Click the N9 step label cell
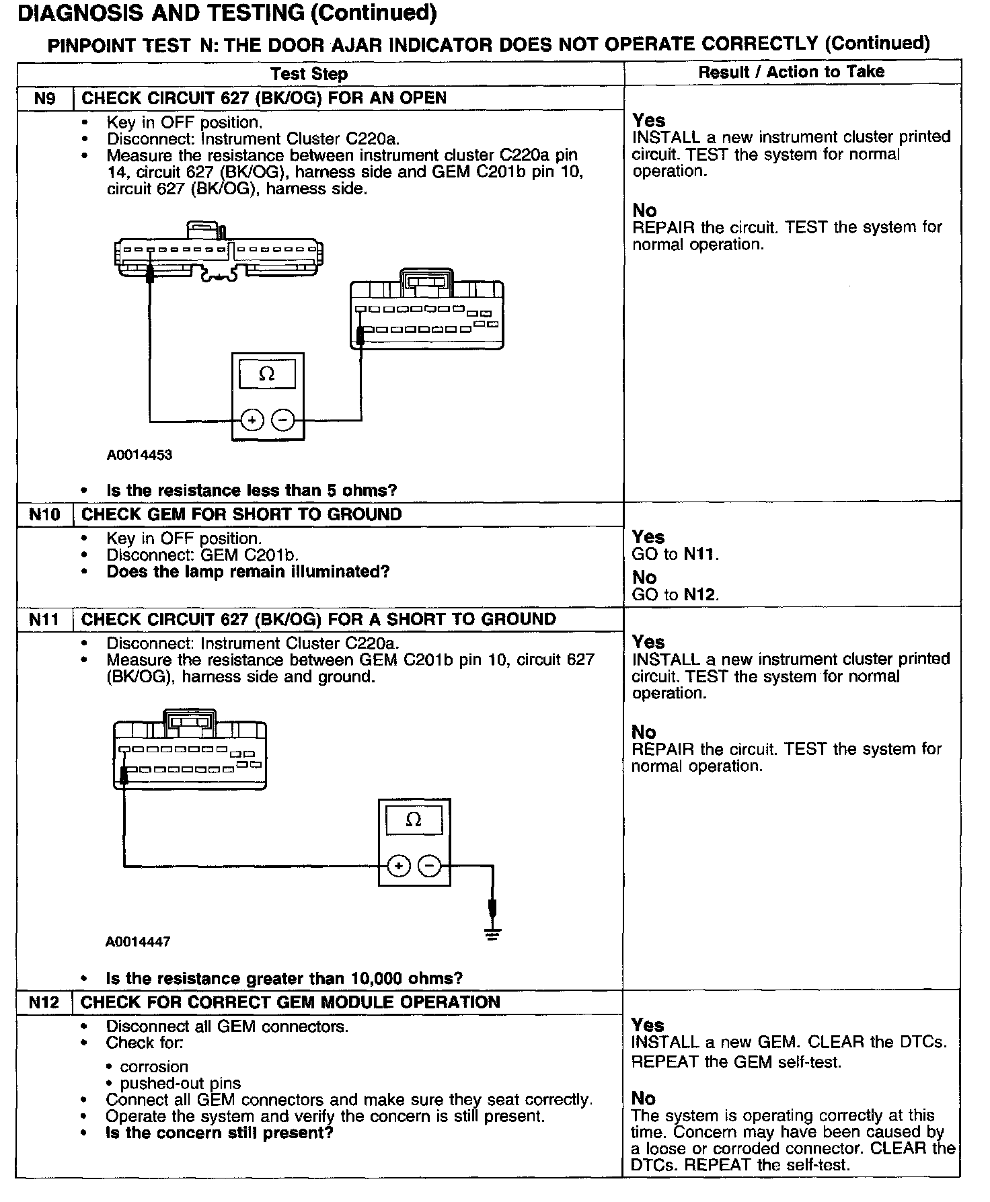coord(44,98)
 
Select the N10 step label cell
coord(44,515)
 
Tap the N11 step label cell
coord(44,619)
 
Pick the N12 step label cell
coord(44,1002)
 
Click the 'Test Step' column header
coord(309,74)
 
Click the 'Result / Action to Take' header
coord(791,72)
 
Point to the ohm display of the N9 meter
coord(267,374)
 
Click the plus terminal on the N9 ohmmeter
coord(252,421)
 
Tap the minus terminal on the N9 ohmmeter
coord(282,421)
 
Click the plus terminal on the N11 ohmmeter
coord(399,866)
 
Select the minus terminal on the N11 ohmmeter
coord(429,866)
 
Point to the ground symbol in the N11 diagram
coord(493,933)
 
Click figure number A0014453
coord(139,455)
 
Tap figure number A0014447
coord(138,942)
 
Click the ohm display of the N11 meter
coord(414,820)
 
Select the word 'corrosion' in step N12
coord(154,1067)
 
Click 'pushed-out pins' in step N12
coord(180,1084)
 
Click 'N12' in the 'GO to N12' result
coord(700,594)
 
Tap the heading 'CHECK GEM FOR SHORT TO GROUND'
coord(241,515)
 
